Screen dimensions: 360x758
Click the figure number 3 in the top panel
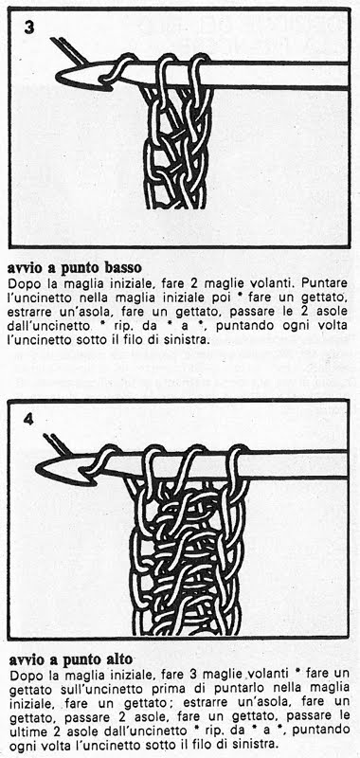point(29,27)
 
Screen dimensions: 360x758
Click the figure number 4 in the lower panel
point(28,419)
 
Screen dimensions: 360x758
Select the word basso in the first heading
point(120,267)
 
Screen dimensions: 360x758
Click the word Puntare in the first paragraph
point(329,281)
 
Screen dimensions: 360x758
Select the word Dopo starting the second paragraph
point(21,674)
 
